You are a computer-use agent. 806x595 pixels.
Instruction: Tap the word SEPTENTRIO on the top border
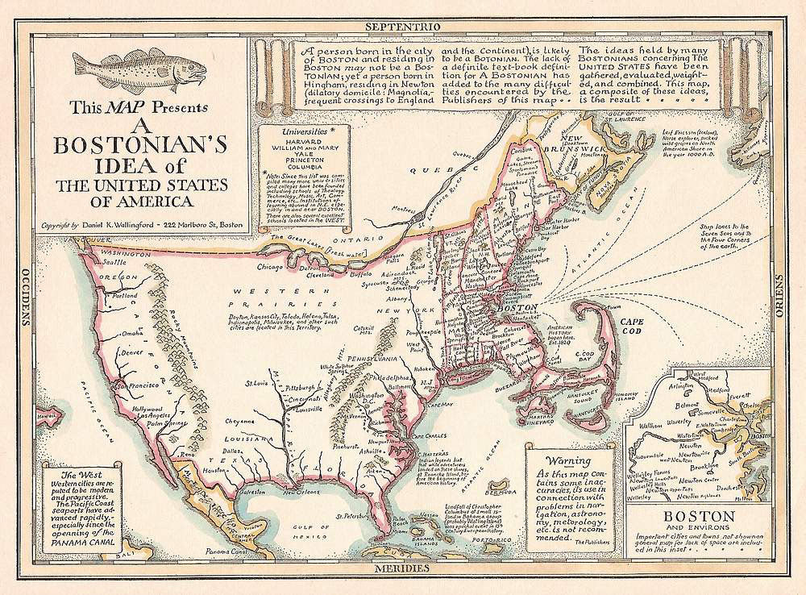click(x=403, y=26)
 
